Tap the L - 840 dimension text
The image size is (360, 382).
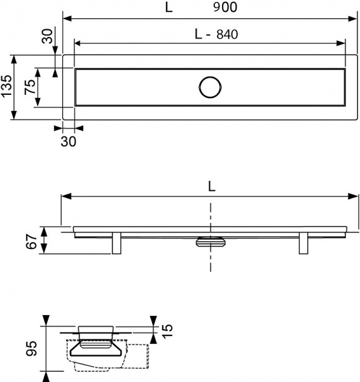click(x=216, y=35)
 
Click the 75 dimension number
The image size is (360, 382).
click(x=29, y=87)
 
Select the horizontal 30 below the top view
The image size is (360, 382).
click(x=68, y=141)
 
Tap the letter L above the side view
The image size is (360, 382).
click(x=211, y=187)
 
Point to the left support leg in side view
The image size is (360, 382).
click(x=117, y=244)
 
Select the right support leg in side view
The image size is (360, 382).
click(x=303, y=244)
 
